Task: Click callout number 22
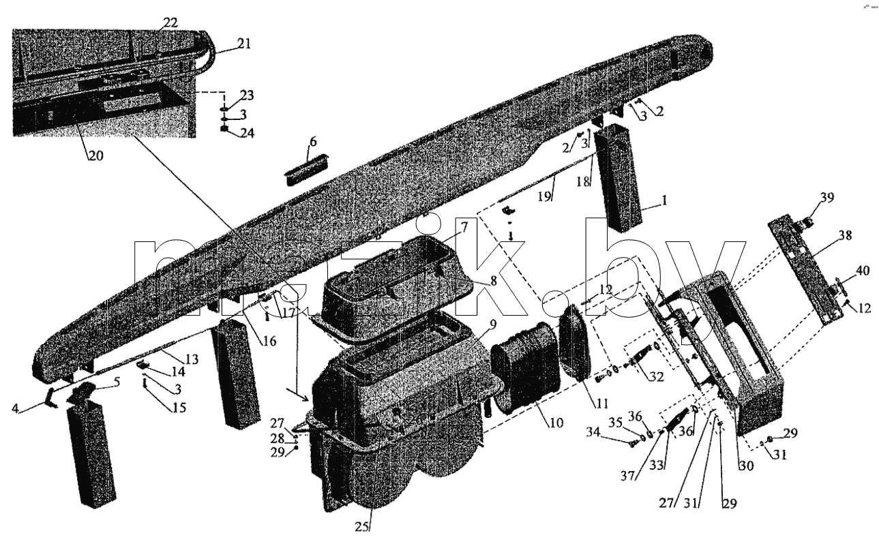tap(170, 22)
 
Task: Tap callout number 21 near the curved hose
tap(243, 44)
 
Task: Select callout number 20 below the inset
tap(95, 155)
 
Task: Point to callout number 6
tap(313, 142)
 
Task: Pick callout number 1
tap(664, 200)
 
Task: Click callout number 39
tap(826, 197)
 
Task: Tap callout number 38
tap(845, 235)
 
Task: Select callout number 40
tap(862, 271)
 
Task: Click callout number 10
tap(556, 423)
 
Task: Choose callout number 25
tap(362, 527)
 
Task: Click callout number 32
tap(656, 376)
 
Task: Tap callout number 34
tap(594, 432)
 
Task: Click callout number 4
tap(15, 408)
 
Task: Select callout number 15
tap(179, 408)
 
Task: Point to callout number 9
tap(493, 325)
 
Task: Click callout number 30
tap(746, 466)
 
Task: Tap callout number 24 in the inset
tap(247, 133)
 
